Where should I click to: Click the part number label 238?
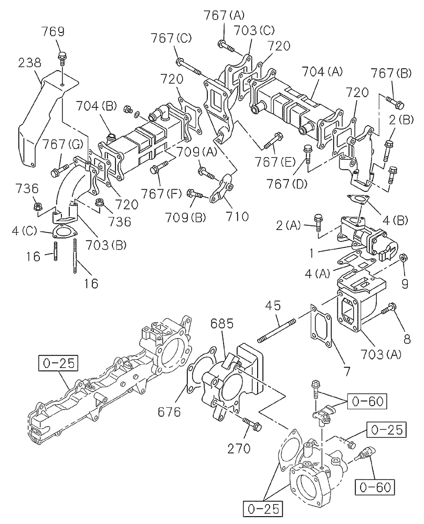tap(30, 63)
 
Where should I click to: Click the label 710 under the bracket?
tap(232, 215)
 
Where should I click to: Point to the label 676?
tap(169, 412)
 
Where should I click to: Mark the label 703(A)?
tap(380, 355)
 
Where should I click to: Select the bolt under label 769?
tap(62, 56)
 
